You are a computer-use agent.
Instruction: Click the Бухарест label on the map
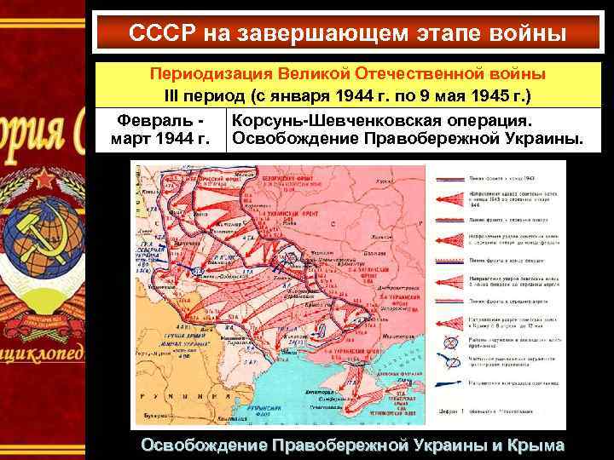(154, 417)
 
